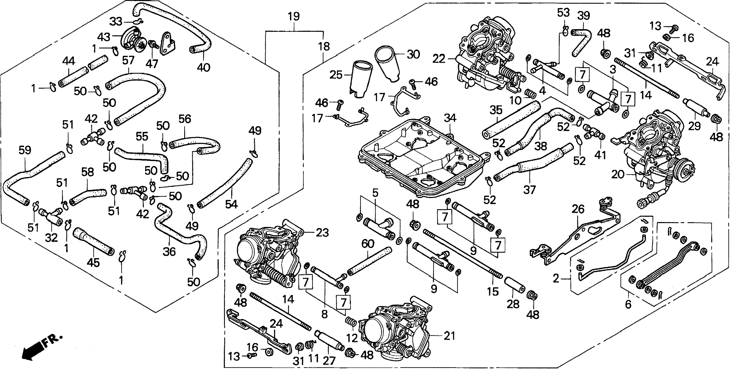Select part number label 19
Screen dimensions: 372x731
coord(294,17)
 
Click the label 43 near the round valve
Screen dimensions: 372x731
coord(104,37)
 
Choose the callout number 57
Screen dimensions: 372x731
coord(128,60)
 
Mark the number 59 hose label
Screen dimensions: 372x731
coord(25,150)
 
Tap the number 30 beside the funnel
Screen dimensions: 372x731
coord(413,54)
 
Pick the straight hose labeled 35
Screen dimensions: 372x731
coord(511,120)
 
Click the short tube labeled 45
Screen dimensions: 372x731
coord(94,241)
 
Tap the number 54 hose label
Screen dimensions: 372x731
coord(231,204)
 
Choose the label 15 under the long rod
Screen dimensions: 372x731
coord(493,291)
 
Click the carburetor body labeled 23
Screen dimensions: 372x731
coord(267,252)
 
